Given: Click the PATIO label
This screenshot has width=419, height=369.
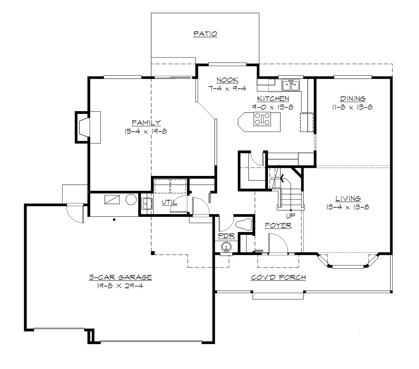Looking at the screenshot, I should [x=205, y=34].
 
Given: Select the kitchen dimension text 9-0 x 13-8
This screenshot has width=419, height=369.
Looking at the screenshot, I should [x=273, y=107].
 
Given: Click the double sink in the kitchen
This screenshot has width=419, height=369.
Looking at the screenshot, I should [x=291, y=84].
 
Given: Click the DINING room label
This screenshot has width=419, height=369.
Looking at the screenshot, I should [x=352, y=99].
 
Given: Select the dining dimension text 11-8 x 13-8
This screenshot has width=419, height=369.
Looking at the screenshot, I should [x=352, y=107].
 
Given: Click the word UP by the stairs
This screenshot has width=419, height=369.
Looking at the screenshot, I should [x=291, y=216].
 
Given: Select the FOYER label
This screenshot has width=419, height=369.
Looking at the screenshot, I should [x=278, y=226].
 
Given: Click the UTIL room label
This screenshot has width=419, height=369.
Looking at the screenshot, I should [x=169, y=203].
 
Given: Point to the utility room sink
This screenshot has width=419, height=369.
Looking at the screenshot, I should [x=147, y=203].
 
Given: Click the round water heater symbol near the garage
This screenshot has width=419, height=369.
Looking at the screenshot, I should [x=131, y=200].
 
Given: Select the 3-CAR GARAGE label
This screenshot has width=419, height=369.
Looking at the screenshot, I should [x=120, y=277].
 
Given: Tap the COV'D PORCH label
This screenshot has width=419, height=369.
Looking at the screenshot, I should [x=278, y=277].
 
